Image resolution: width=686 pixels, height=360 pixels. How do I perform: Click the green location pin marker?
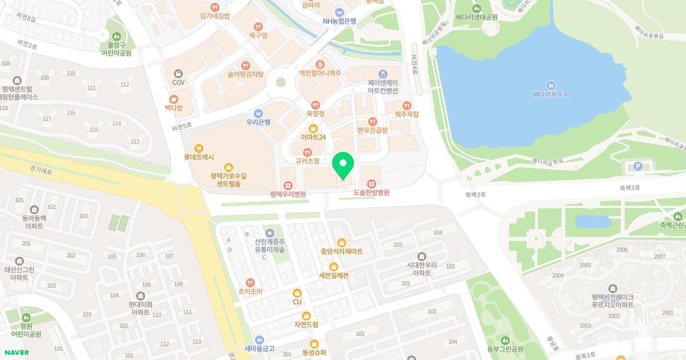pos(343,166)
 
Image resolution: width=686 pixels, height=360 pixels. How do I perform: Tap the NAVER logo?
pos(16,353)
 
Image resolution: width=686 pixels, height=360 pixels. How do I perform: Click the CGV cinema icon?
pos(178,73)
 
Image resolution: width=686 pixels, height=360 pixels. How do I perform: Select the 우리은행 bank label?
pos(258,122)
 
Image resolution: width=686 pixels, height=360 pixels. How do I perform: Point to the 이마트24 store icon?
pos(313,128)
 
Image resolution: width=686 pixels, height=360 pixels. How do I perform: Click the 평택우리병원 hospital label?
pos(288,194)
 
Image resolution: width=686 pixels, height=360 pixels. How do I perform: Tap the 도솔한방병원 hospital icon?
pos(372,183)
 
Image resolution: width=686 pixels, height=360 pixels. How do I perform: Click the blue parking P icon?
pos(638,166)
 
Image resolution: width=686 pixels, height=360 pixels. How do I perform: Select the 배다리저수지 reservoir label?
pos(551,94)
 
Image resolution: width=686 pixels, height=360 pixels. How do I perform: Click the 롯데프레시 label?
pos(198,157)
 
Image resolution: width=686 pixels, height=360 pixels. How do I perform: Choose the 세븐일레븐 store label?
pos(333,275)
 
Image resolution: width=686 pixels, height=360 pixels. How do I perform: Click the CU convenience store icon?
pos(297,293)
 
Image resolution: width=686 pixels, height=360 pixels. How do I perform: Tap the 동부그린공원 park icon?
pos(505,341)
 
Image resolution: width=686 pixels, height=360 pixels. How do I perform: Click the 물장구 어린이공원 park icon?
pos(117,37)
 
